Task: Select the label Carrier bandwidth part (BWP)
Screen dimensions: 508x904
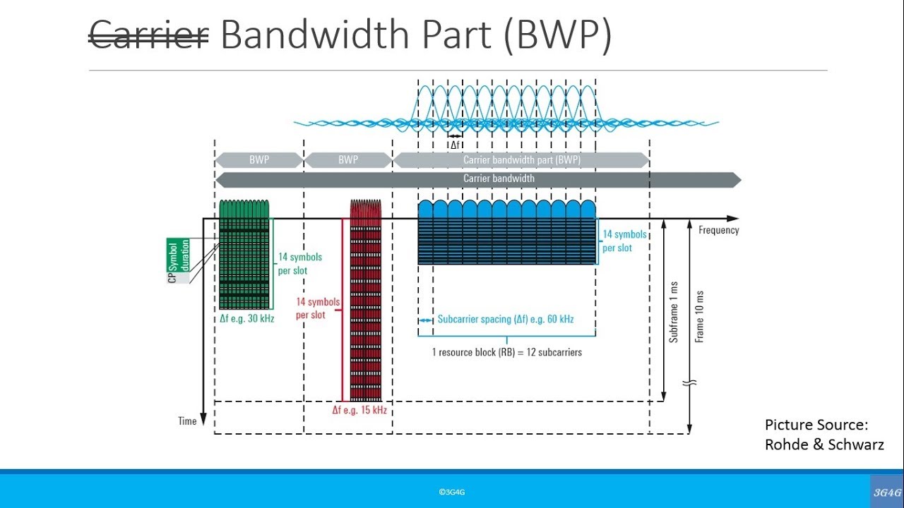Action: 521,160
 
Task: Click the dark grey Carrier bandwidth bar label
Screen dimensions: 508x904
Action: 499,179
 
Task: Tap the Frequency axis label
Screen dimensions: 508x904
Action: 718,230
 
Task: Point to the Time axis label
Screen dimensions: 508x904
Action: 187,421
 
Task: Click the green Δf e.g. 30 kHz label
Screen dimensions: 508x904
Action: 246,318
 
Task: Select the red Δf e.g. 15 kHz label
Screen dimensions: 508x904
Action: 359,410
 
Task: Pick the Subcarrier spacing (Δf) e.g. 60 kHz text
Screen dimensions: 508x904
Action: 505,320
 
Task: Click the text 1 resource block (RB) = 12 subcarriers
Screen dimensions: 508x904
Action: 507,351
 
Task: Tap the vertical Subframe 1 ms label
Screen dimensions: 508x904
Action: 674,312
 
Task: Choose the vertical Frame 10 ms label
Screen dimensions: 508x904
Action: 700,316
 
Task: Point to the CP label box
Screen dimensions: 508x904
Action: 172,278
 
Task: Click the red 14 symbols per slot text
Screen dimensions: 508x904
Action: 311,308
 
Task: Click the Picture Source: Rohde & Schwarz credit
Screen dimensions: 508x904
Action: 823,435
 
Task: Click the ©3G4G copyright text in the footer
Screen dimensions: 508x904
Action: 452,492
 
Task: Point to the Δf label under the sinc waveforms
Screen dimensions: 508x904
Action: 456,145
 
